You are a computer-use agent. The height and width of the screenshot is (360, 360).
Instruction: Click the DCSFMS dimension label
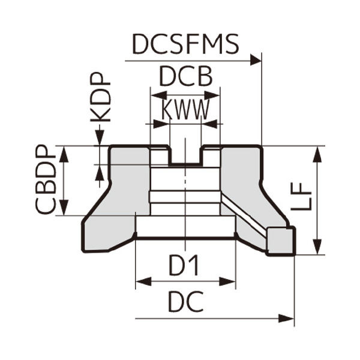(x=185, y=44)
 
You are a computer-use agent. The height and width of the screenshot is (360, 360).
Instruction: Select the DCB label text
(x=185, y=77)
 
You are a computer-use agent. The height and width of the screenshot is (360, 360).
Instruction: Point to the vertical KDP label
(x=101, y=98)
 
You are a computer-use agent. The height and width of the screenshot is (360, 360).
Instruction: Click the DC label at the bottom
(x=185, y=304)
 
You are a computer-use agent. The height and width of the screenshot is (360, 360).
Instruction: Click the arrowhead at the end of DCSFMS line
(x=257, y=60)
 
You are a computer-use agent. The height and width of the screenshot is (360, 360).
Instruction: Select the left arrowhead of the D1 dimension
(x=141, y=280)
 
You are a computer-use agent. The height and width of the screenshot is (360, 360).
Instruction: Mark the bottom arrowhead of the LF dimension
(x=318, y=250)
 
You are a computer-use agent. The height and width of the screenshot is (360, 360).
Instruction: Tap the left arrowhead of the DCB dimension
(x=155, y=95)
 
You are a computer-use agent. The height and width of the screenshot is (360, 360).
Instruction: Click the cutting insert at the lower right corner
(x=281, y=240)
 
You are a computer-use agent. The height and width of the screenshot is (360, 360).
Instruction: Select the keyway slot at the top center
(x=185, y=156)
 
